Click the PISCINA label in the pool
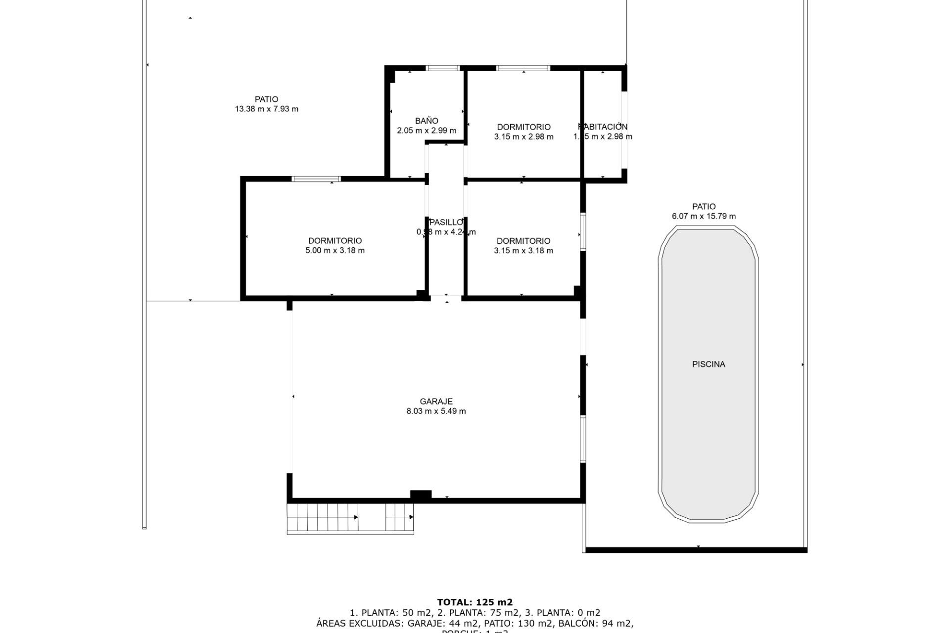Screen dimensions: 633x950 pos(709,364)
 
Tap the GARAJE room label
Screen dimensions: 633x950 pos(436,402)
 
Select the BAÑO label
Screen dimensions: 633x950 pos(427,121)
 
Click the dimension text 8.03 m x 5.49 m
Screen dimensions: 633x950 pos(436,411)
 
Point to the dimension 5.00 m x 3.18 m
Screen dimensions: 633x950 pos(335,250)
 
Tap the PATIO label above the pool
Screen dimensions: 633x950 pos(704,207)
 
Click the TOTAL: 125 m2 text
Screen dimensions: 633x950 pos(475,602)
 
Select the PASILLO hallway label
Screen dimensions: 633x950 pos(446,223)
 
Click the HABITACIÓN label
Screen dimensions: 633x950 pos(603,127)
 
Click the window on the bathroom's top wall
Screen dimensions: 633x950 pos(443,68)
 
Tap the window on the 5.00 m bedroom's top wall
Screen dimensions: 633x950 pos(316,179)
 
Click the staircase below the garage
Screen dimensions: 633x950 pos(350,518)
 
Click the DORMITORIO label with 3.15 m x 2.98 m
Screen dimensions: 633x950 pos(523,127)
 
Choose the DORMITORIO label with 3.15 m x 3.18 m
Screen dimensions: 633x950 pos(523,241)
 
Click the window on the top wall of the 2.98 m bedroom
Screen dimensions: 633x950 pos(523,68)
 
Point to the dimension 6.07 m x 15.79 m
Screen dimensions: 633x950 pos(704,216)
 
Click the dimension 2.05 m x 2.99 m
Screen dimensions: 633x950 pos(427,131)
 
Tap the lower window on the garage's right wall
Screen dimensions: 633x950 pos(583,439)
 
